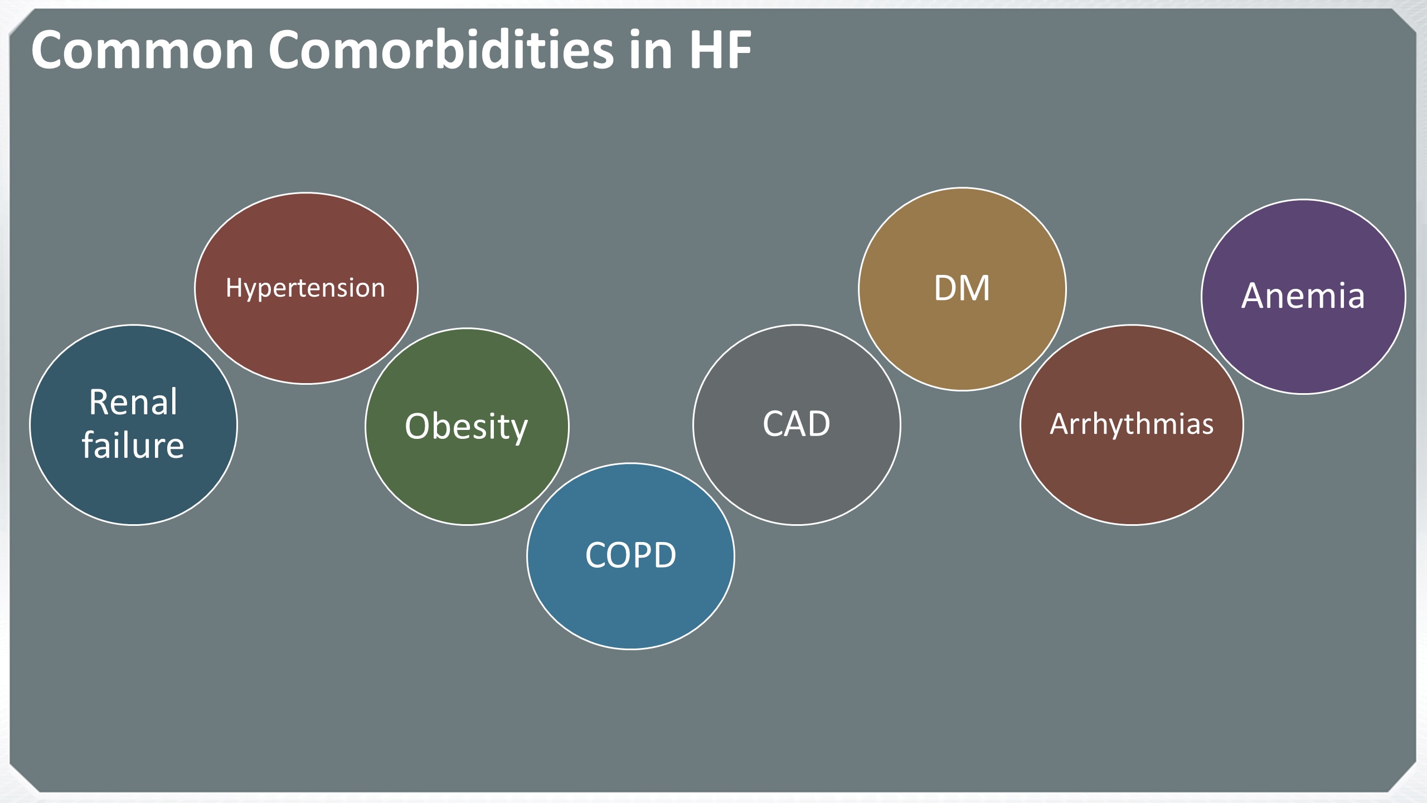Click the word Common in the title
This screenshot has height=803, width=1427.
(143, 50)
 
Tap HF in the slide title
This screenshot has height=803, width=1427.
(721, 50)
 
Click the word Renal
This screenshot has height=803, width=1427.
(133, 401)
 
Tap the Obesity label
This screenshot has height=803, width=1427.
(467, 427)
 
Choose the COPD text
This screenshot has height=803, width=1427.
(630, 555)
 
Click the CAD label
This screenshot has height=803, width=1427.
(797, 424)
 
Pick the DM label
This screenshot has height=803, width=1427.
(962, 288)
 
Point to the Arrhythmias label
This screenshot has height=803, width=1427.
(1132, 425)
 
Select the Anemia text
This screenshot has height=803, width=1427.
(1303, 296)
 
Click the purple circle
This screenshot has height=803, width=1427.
(1303, 346)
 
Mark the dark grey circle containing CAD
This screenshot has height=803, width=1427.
(797, 480)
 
